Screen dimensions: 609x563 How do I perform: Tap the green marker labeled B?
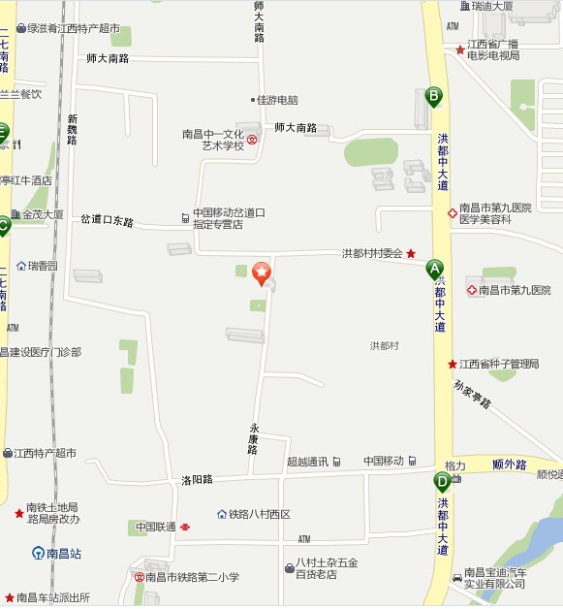(x=434, y=97)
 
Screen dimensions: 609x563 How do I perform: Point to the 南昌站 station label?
(x=56, y=555)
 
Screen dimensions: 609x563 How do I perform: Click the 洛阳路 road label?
(x=196, y=479)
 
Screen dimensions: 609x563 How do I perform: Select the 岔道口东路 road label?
(x=107, y=222)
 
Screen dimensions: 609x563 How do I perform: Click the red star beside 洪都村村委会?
(x=411, y=254)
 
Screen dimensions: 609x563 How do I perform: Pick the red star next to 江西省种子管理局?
(x=452, y=365)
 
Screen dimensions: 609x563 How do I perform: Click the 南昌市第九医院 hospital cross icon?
(x=472, y=290)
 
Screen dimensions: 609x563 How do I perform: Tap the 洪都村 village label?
(x=385, y=345)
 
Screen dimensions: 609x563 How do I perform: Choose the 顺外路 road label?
(x=508, y=465)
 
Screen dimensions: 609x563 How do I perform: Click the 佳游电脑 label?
(x=277, y=100)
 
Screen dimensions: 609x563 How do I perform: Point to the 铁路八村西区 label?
(x=260, y=514)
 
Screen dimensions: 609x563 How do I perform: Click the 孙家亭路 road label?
(x=472, y=392)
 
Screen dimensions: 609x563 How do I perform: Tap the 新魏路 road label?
(x=72, y=130)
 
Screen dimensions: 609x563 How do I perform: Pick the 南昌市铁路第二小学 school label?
(x=193, y=577)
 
